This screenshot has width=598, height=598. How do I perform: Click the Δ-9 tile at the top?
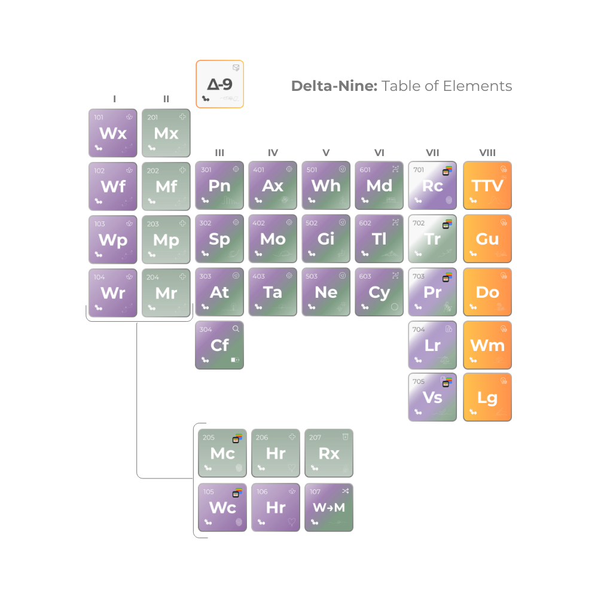219,84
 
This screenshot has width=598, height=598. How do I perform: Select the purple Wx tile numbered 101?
113,133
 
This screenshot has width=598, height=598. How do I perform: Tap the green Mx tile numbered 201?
166,133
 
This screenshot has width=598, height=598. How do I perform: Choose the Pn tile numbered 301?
219,185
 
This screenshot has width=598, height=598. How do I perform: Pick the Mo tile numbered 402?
273,239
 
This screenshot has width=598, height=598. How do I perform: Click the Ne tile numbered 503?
326,292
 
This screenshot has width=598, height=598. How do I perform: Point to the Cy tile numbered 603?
379,292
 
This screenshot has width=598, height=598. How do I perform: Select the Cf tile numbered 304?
219,345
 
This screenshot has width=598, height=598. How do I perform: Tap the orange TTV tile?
487,185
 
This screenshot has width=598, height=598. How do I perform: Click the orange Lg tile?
487,398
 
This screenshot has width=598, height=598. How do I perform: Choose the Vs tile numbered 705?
432,398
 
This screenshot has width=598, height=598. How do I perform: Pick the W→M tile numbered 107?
329,507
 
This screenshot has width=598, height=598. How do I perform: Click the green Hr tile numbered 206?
276,453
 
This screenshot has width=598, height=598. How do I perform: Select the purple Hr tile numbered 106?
276,507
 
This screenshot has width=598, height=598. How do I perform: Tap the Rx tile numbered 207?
329,453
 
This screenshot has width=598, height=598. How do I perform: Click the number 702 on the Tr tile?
419,223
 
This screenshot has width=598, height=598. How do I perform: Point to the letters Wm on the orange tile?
487,345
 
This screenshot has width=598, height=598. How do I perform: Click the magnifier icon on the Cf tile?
236,329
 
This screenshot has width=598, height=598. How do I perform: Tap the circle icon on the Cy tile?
395,307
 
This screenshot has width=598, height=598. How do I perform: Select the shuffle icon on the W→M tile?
345,491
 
